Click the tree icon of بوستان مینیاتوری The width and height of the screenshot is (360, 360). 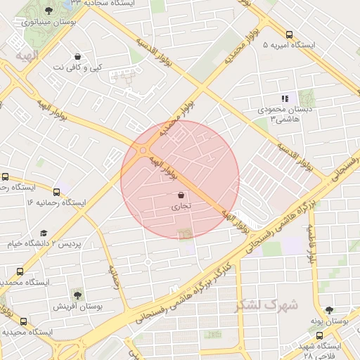tap(48, 11)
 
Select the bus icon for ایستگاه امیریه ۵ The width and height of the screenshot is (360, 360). tap(289, 34)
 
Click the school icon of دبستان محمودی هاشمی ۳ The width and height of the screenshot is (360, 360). tap(285, 99)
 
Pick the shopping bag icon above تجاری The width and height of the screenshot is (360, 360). tap(181, 195)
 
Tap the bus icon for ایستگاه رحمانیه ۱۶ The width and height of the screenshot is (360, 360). tap(56, 191)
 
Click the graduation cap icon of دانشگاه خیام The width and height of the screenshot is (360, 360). tap(44, 233)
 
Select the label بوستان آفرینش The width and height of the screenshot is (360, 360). tap(78, 307)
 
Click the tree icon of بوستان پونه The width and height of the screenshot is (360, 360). tap(329, 309)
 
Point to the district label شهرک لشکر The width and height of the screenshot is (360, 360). tap(267, 304)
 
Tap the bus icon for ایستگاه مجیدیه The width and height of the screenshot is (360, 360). tap(24, 321)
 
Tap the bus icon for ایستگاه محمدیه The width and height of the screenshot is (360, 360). tap(19, 271)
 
